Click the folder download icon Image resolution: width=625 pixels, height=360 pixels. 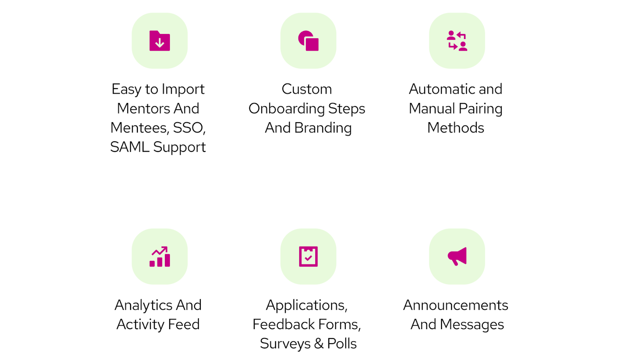(159, 41)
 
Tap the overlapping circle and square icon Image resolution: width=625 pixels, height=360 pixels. (308, 41)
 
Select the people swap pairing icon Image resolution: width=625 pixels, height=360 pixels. (457, 41)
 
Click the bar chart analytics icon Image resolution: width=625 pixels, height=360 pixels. (159, 257)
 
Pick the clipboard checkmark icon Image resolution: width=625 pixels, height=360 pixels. (308, 257)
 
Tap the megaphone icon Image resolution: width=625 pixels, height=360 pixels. (457, 257)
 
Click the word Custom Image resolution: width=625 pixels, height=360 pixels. (307, 89)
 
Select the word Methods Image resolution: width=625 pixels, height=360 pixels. (455, 128)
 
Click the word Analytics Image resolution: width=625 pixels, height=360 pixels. (143, 305)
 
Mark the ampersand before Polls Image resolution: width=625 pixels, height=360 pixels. (319, 344)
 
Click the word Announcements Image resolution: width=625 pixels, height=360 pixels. (455, 305)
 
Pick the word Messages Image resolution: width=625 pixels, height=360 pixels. (472, 324)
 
